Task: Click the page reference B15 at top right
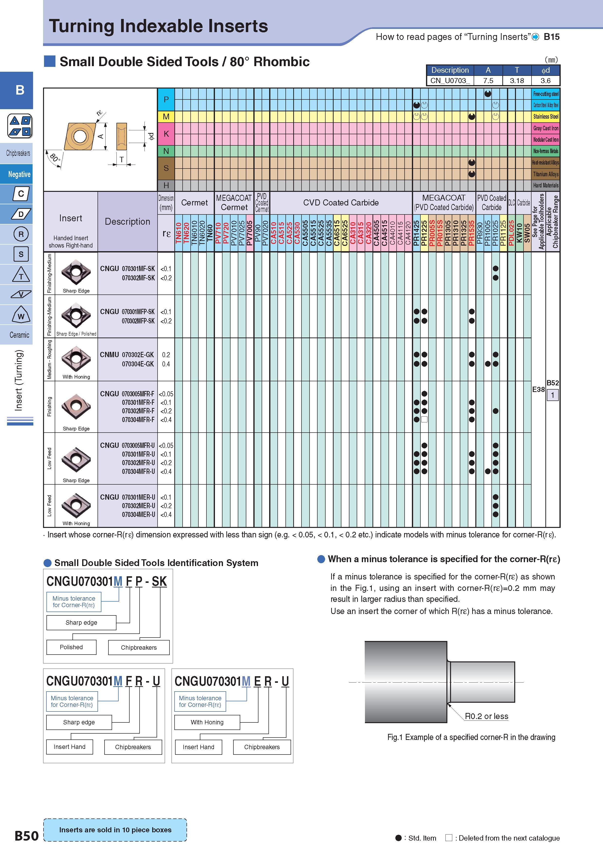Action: point(551,37)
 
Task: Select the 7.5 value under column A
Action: point(488,81)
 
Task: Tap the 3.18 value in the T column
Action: point(517,81)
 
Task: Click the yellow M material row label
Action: point(166,117)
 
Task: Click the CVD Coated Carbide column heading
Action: point(341,203)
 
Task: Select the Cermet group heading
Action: point(194,203)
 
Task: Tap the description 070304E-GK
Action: point(138,364)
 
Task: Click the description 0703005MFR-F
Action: point(138,394)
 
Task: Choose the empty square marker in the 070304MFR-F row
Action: point(424,419)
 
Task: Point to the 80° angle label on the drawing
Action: point(55,158)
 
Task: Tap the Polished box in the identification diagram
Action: point(71,647)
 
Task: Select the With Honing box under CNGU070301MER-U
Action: point(207,722)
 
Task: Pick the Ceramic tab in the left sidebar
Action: point(19,335)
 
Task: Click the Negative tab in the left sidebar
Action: point(19,174)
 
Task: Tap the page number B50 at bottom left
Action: point(26,835)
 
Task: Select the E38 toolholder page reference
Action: point(538,389)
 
